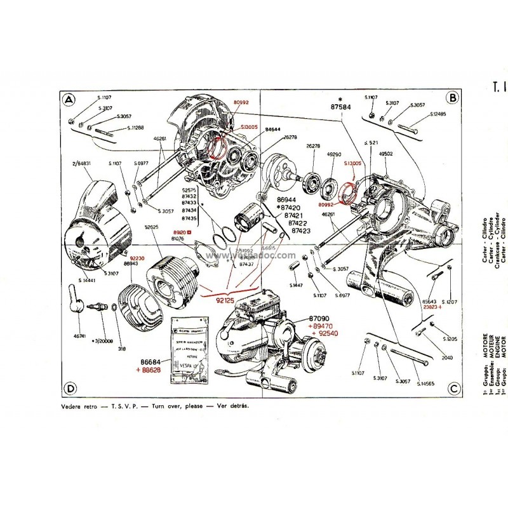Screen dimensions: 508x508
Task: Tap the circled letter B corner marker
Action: (x=453, y=98)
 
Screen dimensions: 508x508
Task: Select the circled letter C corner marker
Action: (x=453, y=388)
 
